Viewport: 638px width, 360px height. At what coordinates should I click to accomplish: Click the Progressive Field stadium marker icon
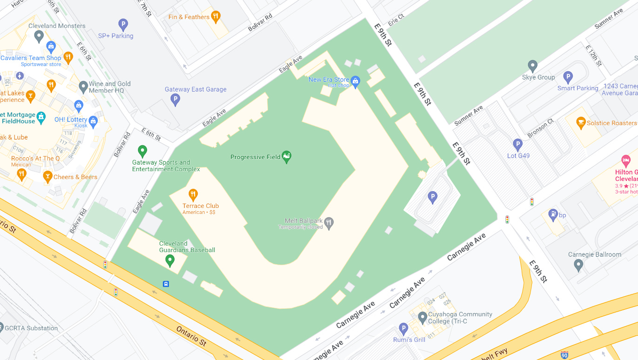pos(287,157)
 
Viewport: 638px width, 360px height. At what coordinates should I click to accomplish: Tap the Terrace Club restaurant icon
pos(193,195)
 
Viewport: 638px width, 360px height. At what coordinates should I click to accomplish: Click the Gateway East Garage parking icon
pos(175,99)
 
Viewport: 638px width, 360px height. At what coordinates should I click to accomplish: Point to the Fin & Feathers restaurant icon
pos(215,17)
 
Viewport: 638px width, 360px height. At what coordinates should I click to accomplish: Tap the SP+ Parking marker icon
pos(123,24)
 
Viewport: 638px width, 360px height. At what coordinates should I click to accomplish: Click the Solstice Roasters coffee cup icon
pos(580,123)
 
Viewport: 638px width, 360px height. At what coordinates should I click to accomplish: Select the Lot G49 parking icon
pos(517,145)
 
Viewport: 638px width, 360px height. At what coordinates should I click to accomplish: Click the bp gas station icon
pos(553,214)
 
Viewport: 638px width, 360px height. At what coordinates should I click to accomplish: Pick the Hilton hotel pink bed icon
pos(626,161)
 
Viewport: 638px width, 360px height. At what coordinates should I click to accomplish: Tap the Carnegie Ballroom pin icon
pos(578,265)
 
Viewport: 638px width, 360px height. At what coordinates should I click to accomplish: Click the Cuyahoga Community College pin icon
pos(422,318)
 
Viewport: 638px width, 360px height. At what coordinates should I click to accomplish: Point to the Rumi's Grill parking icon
pos(403,329)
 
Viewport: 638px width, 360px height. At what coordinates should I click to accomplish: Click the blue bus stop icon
pos(166,284)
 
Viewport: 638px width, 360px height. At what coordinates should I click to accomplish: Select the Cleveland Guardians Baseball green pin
pos(170,260)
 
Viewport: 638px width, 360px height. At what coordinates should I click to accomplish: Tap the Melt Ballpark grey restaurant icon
pos(329,223)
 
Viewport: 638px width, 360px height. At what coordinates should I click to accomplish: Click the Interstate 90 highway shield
pos(564,355)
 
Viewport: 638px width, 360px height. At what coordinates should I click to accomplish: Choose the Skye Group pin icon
pos(532,66)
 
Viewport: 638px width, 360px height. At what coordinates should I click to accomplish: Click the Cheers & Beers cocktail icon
pos(47,176)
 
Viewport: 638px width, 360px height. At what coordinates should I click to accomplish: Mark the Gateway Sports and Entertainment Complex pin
pos(142,151)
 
